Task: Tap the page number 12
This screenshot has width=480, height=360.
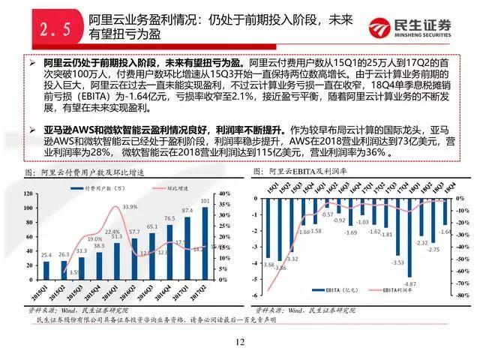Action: click(239, 342)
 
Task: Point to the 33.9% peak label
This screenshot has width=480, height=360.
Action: click(130, 207)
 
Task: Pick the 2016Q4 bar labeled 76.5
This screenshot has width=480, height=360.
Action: click(171, 252)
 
